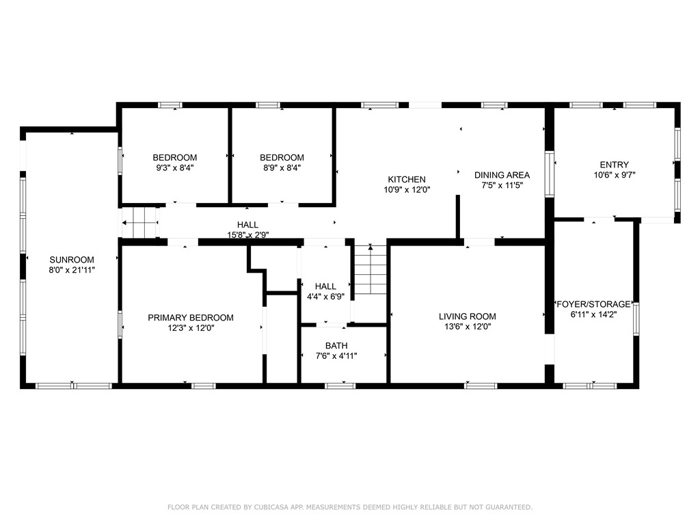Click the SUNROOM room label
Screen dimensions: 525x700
(72, 260)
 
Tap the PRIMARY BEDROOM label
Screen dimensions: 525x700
(191, 318)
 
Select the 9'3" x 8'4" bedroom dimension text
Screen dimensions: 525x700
(175, 167)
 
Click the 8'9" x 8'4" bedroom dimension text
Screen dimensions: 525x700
(282, 167)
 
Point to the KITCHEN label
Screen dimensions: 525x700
(407, 180)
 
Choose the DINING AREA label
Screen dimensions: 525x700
(502, 175)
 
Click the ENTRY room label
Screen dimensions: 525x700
(614, 165)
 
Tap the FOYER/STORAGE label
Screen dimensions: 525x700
(593, 304)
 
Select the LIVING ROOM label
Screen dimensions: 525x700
(468, 317)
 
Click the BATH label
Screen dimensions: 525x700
(336, 345)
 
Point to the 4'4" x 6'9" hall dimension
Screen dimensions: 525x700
(325, 297)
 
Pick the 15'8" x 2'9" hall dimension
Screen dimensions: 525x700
(247, 234)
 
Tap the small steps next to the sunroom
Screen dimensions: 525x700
(140, 223)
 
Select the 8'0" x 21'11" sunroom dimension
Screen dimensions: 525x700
(72, 270)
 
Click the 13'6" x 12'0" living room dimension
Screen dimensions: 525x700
(468, 327)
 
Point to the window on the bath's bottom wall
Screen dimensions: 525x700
(340, 386)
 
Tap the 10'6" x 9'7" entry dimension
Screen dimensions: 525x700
(614, 175)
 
